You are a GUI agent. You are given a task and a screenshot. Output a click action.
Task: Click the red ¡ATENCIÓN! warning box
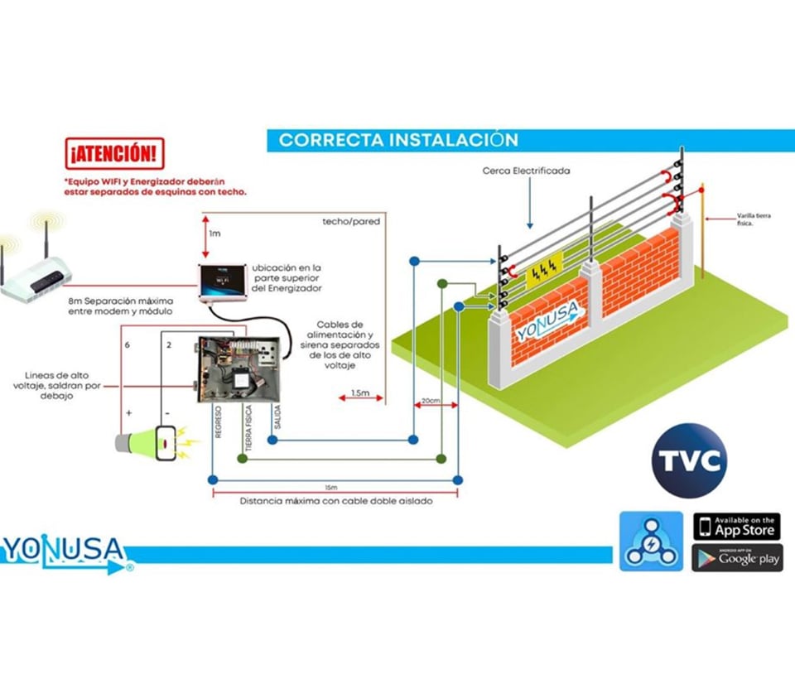tap(114, 154)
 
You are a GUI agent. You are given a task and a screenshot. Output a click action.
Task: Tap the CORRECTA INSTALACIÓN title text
tap(398, 140)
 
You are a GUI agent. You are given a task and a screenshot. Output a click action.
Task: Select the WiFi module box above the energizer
tap(222, 281)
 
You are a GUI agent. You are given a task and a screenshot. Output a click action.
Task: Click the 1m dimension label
tap(214, 234)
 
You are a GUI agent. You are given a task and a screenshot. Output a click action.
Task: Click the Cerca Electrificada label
tap(527, 171)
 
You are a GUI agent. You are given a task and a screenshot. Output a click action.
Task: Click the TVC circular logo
tap(689, 460)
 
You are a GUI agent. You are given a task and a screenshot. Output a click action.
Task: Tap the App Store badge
tap(736, 527)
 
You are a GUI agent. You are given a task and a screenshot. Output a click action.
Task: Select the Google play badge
tap(736, 557)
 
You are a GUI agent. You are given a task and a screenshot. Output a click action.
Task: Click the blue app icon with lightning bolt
tap(651, 541)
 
